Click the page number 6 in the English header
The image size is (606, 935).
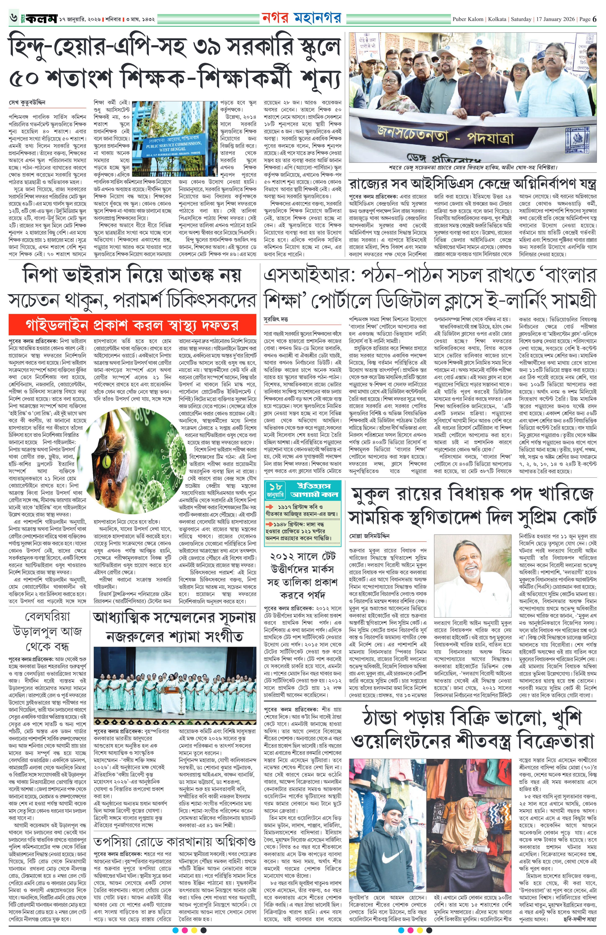tap(595, 19)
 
